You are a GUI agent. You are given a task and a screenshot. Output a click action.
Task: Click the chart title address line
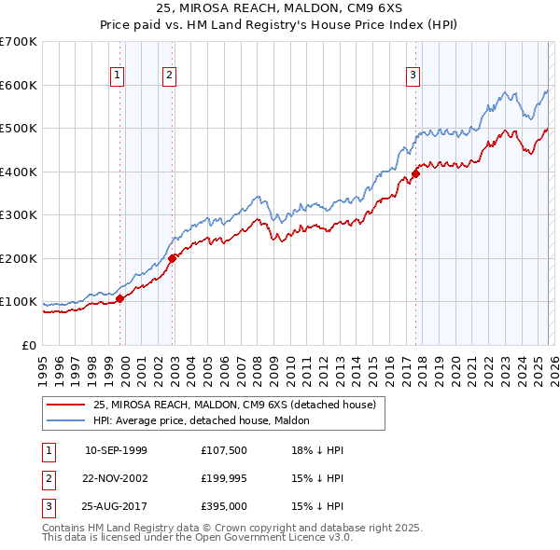[280, 10]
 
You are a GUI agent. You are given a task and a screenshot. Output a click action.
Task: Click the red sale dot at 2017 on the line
[416, 172]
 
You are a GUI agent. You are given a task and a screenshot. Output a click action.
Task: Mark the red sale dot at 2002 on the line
[173, 258]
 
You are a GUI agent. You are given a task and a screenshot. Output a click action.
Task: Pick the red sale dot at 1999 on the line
[119, 298]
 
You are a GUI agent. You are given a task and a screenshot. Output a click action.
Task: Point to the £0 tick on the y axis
[28, 345]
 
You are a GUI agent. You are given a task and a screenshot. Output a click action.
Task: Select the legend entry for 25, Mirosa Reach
[233, 405]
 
